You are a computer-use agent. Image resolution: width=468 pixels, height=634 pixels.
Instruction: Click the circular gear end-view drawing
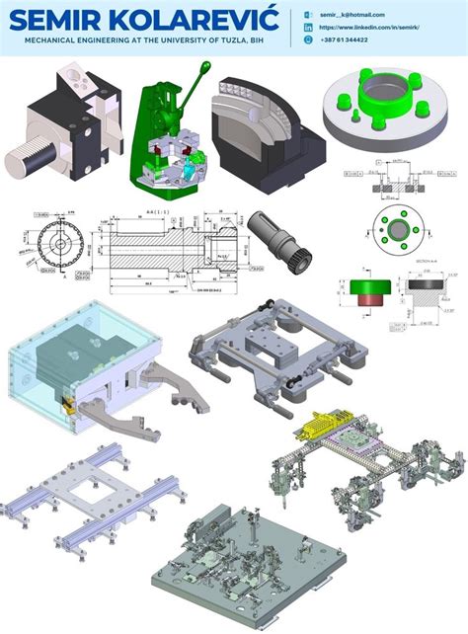click(50, 242)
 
